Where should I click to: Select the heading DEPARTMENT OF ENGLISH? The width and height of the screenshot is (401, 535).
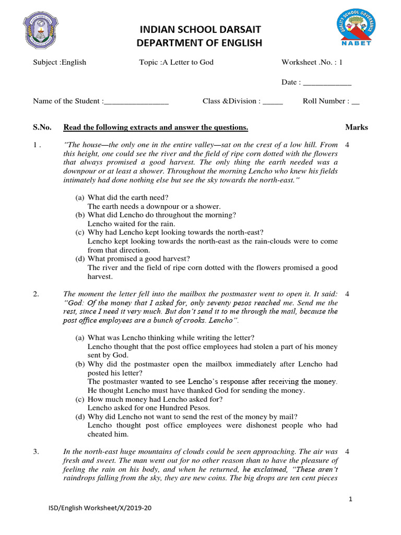pos(199,43)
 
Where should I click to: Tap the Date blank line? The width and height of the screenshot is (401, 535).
pos(327,83)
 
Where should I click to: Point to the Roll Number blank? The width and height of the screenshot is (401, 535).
pos(356,101)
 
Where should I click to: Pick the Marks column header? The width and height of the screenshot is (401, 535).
pos(357,127)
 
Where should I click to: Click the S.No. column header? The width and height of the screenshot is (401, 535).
pos(43,127)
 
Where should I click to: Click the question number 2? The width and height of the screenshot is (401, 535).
pos(36,294)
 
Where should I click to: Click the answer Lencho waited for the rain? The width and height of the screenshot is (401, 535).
pos(131,224)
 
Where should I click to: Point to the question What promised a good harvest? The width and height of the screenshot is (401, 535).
pos(138,259)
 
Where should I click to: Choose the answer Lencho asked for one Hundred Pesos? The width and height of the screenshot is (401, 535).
pos(149,408)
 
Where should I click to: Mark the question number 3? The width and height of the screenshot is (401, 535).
pos(36,451)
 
